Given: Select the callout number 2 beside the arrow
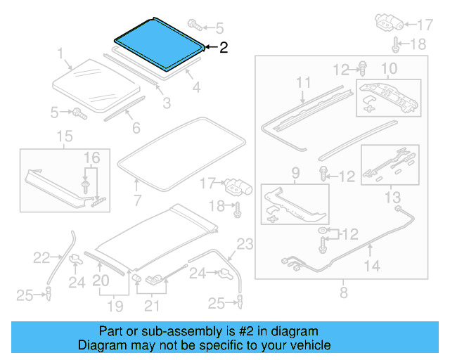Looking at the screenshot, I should [x=224, y=48].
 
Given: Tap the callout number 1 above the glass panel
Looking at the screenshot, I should [x=60, y=53].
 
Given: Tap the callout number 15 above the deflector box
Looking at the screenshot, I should [x=64, y=136].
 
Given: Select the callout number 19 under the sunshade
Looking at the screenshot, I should [x=115, y=306].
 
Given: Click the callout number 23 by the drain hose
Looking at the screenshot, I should [x=243, y=245].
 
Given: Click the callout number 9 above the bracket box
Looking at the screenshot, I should [x=295, y=172].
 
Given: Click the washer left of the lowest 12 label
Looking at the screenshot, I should [x=323, y=231].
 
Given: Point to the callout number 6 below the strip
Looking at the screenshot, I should [x=136, y=128].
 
